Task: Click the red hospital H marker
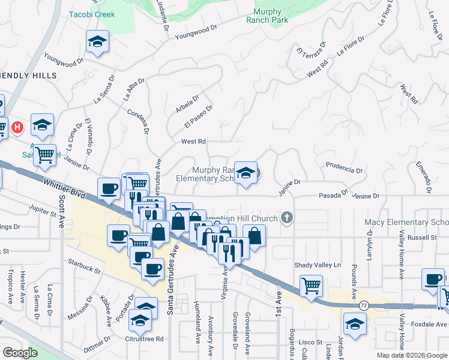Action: click(18, 127)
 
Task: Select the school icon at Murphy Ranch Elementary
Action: click(245, 173)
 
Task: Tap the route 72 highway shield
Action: click(363, 306)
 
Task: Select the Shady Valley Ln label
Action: click(317, 265)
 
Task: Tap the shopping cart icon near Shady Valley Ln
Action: click(311, 285)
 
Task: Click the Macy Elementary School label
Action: click(406, 223)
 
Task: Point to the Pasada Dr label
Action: click(333, 195)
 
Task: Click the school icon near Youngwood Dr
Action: click(97, 42)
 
